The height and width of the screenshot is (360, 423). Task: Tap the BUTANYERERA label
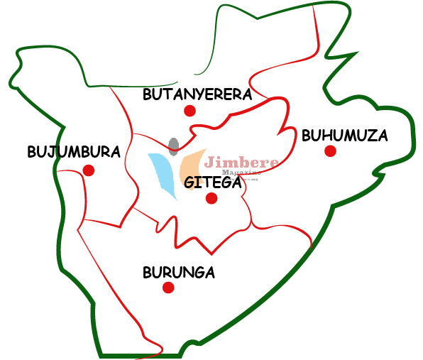pos(197,94)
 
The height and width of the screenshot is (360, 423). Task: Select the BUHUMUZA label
pos(344,135)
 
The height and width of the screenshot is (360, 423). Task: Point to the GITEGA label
pos(213,182)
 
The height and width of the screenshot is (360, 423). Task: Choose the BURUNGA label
pos(178,272)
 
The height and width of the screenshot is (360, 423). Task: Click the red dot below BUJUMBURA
pos(89,170)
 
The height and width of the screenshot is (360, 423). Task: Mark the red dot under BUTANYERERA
pos(189,111)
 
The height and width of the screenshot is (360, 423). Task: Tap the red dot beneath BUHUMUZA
pos(330,151)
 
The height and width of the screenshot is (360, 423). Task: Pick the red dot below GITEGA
pos(211,198)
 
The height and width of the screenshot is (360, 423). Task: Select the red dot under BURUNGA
pos(168,288)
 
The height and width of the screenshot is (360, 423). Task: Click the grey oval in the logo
pos(174,146)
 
